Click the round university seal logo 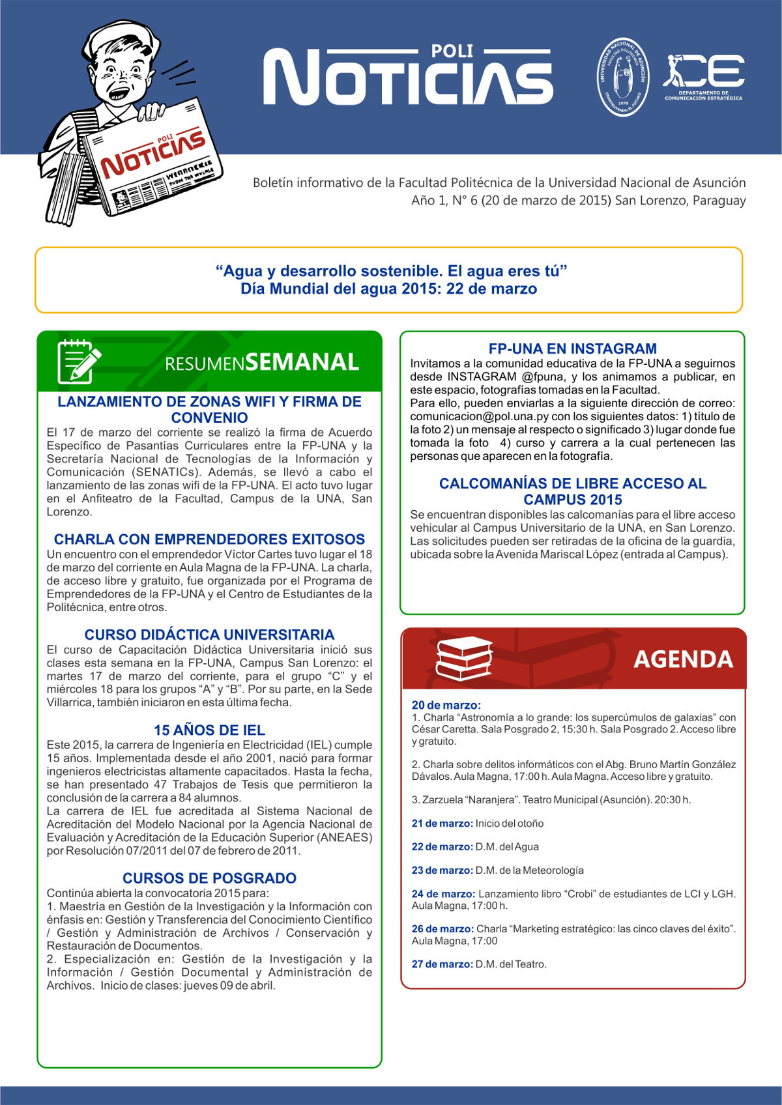point(624,77)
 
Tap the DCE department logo point(704,76)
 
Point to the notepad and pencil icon point(79,362)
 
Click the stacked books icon point(463,659)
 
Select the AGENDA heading point(683,659)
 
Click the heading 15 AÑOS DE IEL point(209,730)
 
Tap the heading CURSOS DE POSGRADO point(209,878)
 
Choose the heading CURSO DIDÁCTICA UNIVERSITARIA point(209,635)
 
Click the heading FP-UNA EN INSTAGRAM point(572,349)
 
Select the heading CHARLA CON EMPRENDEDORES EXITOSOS point(209,539)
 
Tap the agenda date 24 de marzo point(443,894)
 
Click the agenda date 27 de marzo point(442,964)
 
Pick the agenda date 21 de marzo point(442,824)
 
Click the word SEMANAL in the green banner point(302,362)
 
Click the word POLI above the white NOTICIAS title point(452,51)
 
